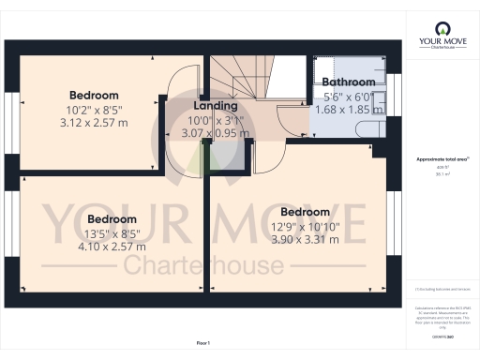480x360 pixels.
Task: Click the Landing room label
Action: point(216,106)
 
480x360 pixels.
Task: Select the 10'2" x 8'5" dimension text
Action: point(94,110)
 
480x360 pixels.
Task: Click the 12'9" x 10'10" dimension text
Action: point(300,225)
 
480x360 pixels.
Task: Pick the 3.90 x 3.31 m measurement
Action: point(300,239)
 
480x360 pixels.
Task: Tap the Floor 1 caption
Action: point(203,345)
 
